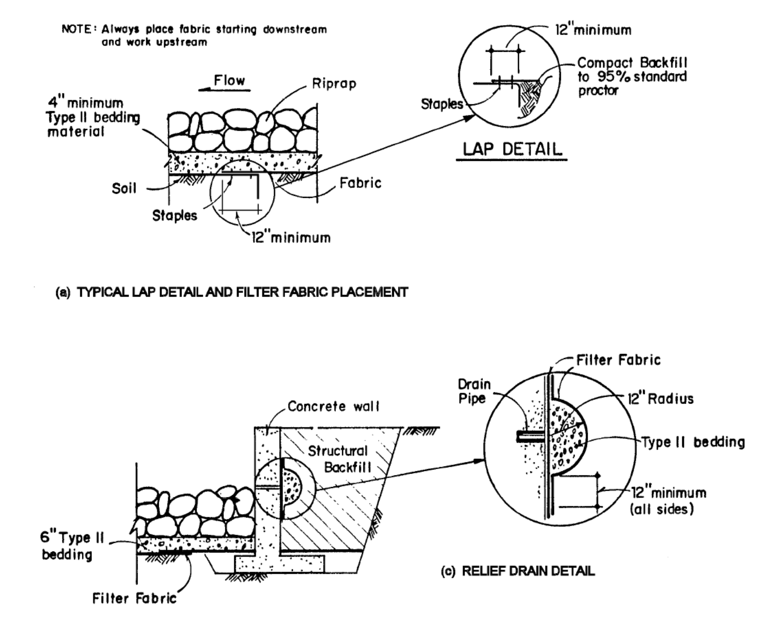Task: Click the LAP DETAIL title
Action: click(512, 149)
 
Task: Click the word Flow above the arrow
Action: click(229, 81)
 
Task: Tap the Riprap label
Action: click(334, 84)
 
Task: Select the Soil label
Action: click(124, 188)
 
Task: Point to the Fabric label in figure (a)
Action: click(360, 183)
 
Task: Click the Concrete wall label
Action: click(333, 406)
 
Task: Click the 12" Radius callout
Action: click(660, 399)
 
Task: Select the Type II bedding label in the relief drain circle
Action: click(693, 442)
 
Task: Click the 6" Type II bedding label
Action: click(72, 546)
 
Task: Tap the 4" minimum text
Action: click(85, 103)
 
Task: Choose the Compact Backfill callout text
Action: click(632, 76)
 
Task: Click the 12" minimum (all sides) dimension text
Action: click(668, 501)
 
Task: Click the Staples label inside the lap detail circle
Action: click(442, 104)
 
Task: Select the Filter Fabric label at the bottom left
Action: click(134, 598)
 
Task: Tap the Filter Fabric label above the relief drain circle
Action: click(618, 360)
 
